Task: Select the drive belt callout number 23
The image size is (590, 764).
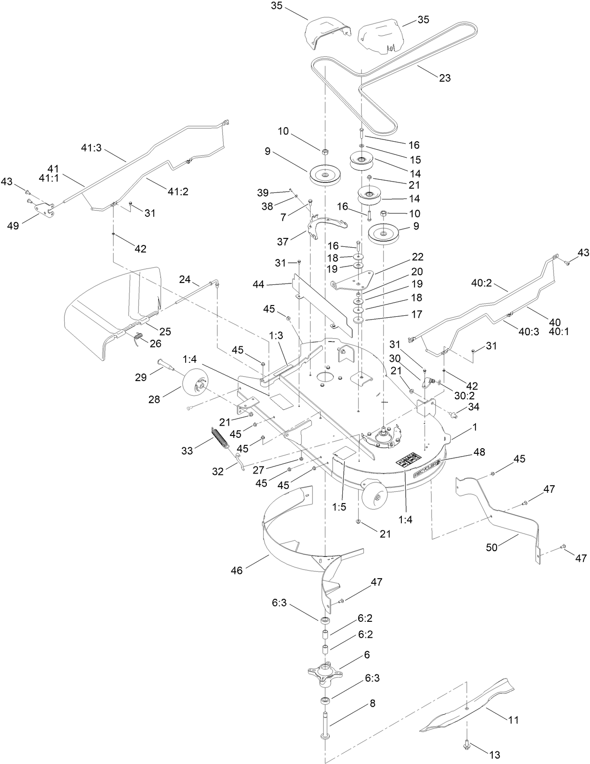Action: [x=444, y=77]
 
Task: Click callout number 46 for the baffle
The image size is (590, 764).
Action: [x=237, y=571]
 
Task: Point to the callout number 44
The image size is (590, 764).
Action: [x=258, y=284]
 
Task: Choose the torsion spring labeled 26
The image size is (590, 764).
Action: [x=137, y=337]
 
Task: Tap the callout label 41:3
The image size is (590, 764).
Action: [x=91, y=148]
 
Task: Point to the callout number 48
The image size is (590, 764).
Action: [x=479, y=452]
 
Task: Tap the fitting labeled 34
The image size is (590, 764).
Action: [x=454, y=413]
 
